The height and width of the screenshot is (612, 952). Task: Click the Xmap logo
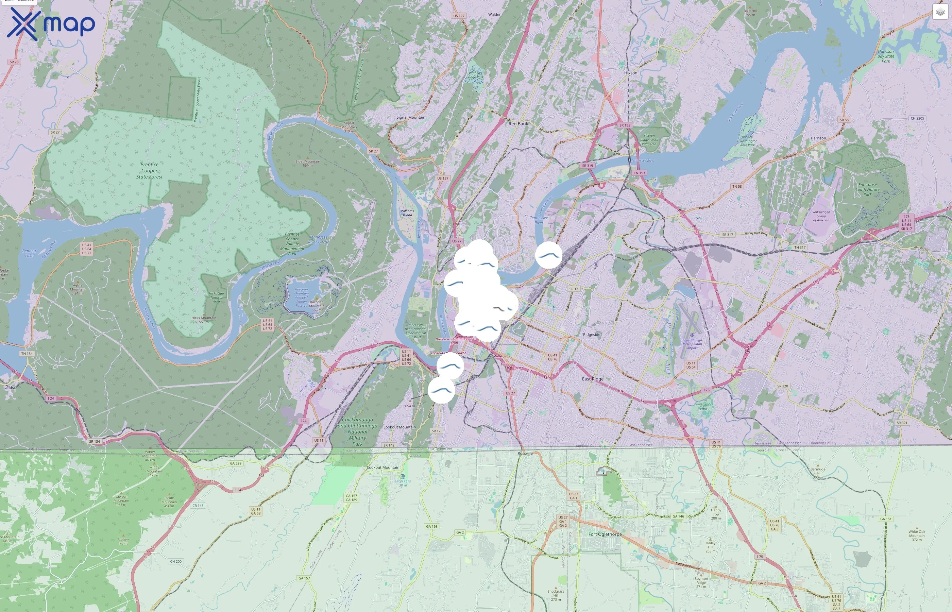[x=51, y=24]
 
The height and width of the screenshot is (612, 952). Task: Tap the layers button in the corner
[x=940, y=12]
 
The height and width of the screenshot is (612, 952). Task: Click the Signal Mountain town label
[x=410, y=117]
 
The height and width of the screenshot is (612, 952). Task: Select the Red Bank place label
[x=518, y=124]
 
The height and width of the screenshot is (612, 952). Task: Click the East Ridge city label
[x=592, y=379]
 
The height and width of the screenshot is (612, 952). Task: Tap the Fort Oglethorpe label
[x=605, y=534]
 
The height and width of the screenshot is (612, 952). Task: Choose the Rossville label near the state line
[x=525, y=454]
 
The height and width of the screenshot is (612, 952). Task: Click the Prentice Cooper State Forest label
[x=149, y=170]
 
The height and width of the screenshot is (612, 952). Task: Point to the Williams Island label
[x=407, y=213]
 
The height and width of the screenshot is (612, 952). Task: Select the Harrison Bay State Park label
[x=886, y=56]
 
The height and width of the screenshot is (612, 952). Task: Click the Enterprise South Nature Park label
[x=867, y=189]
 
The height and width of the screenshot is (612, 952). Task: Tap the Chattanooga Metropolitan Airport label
[x=692, y=343]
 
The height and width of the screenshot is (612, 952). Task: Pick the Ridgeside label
[x=591, y=335]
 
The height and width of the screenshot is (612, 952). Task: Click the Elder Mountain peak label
[x=308, y=163]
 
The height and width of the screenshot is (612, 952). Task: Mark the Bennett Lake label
[x=29, y=253]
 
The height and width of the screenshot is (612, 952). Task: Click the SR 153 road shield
[x=625, y=125]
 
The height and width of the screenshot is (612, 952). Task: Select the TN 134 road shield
[x=27, y=353]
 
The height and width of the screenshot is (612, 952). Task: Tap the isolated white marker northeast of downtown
[x=548, y=255]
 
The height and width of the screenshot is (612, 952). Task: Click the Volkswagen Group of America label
[x=821, y=216]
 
